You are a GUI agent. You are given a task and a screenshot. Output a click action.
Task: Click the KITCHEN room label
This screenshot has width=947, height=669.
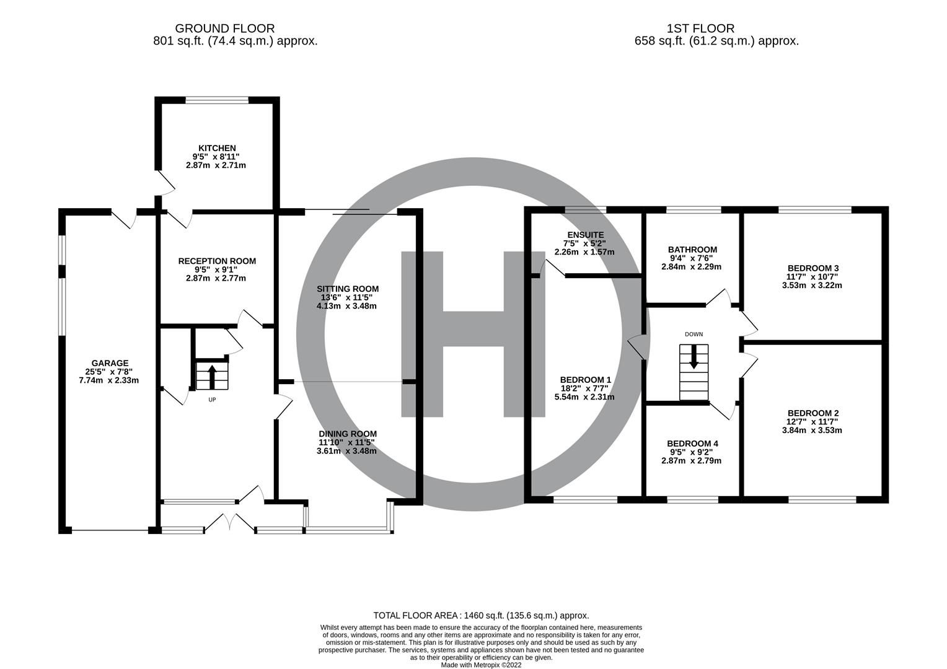pyautogui.click(x=216, y=148)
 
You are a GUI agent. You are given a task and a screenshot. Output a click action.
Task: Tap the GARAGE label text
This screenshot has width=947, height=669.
pyautogui.click(x=110, y=364)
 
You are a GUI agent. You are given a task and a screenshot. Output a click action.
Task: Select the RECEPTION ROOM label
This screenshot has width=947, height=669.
pyautogui.click(x=217, y=261)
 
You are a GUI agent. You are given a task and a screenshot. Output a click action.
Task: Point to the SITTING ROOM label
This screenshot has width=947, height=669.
pyautogui.click(x=347, y=289)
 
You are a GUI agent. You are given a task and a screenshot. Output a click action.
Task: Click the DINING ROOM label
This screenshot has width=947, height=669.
pyautogui.click(x=347, y=434)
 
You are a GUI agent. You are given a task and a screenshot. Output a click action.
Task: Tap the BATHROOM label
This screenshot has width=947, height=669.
pyautogui.click(x=692, y=250)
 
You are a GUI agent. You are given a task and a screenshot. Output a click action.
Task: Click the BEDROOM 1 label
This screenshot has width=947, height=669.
pyautogui.click(x=585, y=380)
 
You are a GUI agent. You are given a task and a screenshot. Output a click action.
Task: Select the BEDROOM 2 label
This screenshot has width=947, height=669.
pyautogui.click(x=813, y=413)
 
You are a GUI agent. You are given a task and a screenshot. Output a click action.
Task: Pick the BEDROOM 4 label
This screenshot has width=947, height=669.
pyautogui.click(x=692, y=444)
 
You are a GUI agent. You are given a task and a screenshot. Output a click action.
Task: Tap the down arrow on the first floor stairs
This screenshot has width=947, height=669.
pyautogui.click(x=694, y=357)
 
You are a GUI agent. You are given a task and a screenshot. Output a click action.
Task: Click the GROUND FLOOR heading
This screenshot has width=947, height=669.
pyautogui.click(x=224, y=28)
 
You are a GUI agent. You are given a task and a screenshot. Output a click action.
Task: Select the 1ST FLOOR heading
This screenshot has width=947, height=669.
pyautogui.click(x=700, y=28)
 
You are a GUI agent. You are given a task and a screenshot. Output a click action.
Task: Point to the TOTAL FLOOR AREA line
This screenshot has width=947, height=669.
pyautogui.click(x=481, y=615)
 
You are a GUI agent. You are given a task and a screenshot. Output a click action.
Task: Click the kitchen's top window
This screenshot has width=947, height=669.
pyautogui.click(x=217, y=100)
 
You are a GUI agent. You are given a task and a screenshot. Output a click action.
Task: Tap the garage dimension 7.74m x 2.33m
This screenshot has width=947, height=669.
pyautogui.click(x=110, y=380)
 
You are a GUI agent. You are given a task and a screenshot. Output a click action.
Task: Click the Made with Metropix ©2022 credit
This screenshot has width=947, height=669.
pyautogui.click(x=481, y=665)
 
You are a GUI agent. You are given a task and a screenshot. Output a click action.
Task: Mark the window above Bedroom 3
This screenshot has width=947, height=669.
pyautogui.click(x=814, y=210)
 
